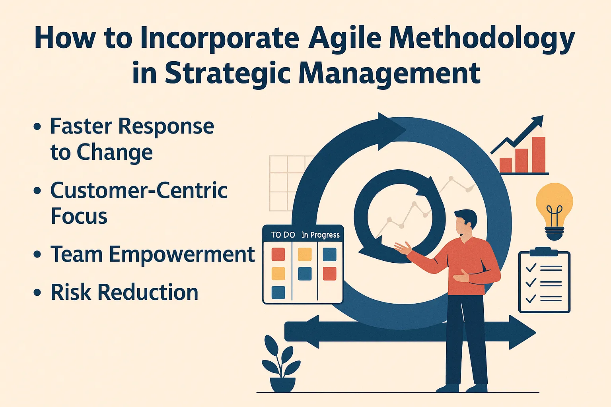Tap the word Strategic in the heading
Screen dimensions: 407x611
pyautogui.click(x=227, y=73)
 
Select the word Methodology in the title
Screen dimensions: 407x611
pyautogui.click(x=482, y=39)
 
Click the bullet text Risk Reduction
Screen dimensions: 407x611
pyautogui.click(x=124, y=293)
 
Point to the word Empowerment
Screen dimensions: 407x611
pyautogui.click(x=182, y=254)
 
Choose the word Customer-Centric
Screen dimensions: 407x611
pyautogui.click(x=139, y=190)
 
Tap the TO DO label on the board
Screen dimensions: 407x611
pyautogui.click(x=283, y=235)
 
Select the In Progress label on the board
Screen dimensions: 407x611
pyautogui.click(x=321, y=235)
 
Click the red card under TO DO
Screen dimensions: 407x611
pyautogui.click(x=278, y=254)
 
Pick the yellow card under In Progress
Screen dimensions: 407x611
pyautogui.click(x=305, y=254)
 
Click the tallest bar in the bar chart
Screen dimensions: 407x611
pyautogui.click(x=538, y=155)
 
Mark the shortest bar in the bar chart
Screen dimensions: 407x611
pyautogui.click(x=506, y=165)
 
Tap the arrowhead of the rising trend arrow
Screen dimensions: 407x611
pyautogui.click(x=537, y=121)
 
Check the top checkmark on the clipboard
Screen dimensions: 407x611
pyautogui.click(x=531, y=268)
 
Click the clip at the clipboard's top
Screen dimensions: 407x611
pyautogui.click(x=544, y=252)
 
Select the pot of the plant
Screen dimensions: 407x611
pyautogui.click(x=283, y=384)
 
